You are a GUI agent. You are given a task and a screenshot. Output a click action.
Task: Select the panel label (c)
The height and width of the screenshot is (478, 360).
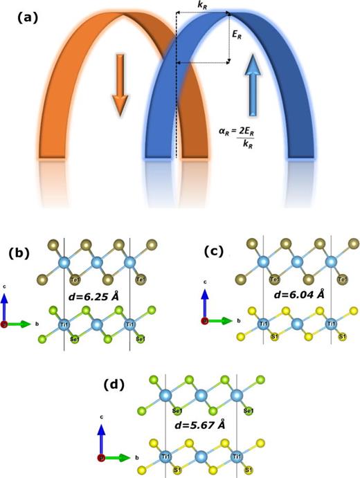(x=220, y=252)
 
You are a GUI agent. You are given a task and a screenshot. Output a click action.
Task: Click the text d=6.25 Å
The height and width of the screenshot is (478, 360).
(x=97, y=297)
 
